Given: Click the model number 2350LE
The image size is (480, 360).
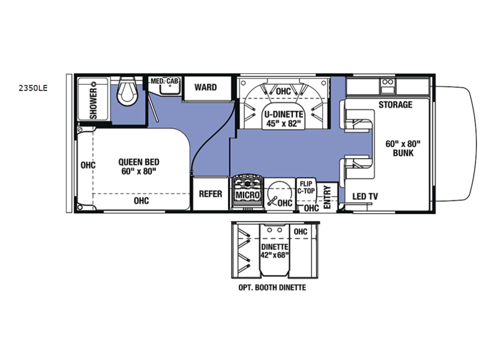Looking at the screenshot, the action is point(33,88).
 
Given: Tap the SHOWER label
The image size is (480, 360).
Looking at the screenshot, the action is point(93,103).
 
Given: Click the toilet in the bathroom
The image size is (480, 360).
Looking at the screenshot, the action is point(128,92).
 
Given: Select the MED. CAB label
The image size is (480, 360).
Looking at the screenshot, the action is point(164,81).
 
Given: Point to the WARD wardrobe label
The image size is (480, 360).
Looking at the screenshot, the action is point(205,87).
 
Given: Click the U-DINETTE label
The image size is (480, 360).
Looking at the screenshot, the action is point(284,115).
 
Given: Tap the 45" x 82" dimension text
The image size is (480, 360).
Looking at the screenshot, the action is point(284,124).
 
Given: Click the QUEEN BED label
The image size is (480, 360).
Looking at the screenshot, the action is point(139,161).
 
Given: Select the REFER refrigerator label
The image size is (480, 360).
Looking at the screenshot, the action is point(211,194).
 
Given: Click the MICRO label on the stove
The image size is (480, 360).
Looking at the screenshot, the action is point(248,195).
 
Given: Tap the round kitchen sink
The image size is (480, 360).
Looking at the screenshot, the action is point(279,193).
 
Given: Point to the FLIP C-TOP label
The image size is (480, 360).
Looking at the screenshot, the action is point(306,187).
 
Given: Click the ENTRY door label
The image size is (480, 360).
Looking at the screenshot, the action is point(327,197).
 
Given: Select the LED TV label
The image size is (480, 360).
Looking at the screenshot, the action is point(365,196).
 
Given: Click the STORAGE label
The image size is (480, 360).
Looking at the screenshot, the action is point(395,104).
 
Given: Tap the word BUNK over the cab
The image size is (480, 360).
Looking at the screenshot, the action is point(403,153).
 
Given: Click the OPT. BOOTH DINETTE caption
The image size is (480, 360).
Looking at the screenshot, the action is point(272,287).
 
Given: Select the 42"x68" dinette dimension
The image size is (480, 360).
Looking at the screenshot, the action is point(275,254).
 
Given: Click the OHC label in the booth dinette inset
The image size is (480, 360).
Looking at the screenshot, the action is point(301,232).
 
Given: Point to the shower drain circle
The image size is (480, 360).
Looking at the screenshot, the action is point(95,83).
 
